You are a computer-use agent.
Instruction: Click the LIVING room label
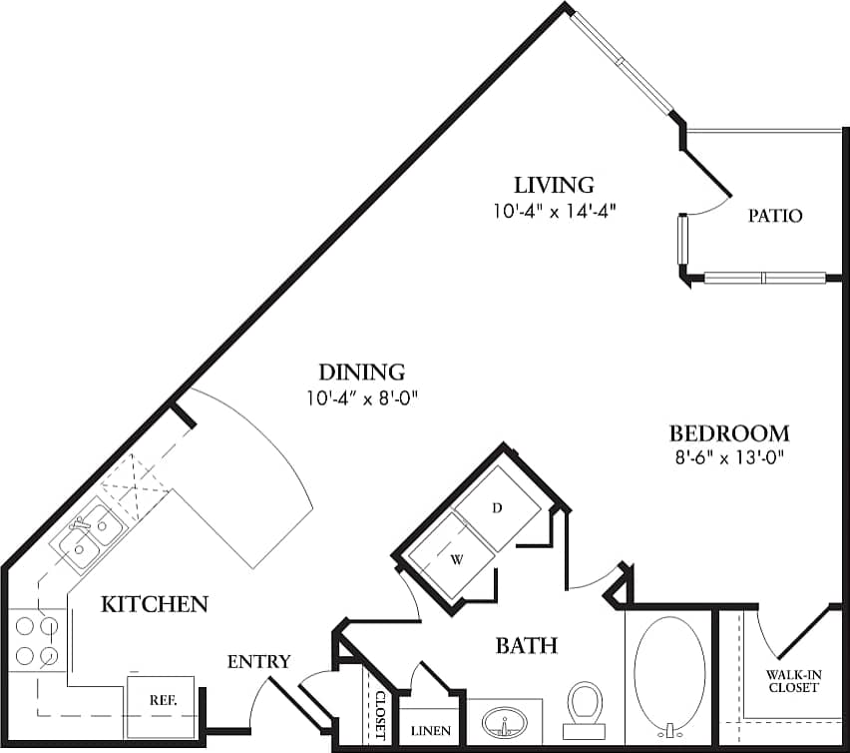click(554, 185)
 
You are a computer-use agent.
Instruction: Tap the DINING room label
click(361, 373)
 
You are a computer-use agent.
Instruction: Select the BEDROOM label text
click(728, 433)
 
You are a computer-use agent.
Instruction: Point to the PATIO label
click(775, 216)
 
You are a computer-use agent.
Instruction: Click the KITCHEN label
click(155, 603)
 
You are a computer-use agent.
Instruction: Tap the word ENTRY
click(258, 661)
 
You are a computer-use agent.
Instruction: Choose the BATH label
click(526, 646)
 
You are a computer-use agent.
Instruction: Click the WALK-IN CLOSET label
click(793, 681)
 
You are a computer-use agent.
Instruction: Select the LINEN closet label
click(431, 731)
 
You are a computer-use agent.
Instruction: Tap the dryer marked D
click(498, 508)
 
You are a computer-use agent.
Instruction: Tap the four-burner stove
click(36, 641)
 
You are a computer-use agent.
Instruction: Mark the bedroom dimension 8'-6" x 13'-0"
click(728, 460)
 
